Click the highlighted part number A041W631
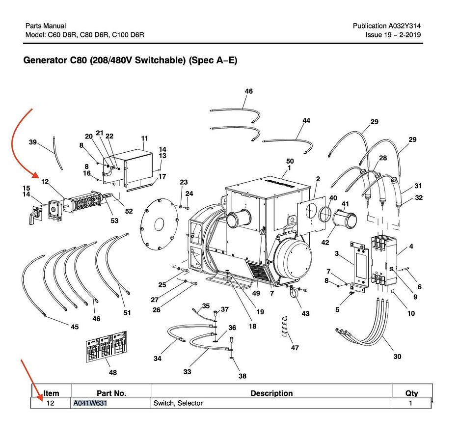click(x=90, y=403)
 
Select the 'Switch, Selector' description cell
click(x=178, y=403)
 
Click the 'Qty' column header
click(x=411, y=393)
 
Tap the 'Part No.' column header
click(x=111, y=393)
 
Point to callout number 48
click(x=113, y=373)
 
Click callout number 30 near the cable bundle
click(x=397, y=356)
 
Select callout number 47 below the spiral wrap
click(x=295, y=348)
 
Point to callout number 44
click(x=306, y=120)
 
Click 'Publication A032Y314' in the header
click(x=386, y=26)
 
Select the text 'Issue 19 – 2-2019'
click(x=393, y=35)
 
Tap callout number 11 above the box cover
click(x=144, y=138)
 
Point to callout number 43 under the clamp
click(x=305, y=313)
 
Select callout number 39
click(x=33, y=142)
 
